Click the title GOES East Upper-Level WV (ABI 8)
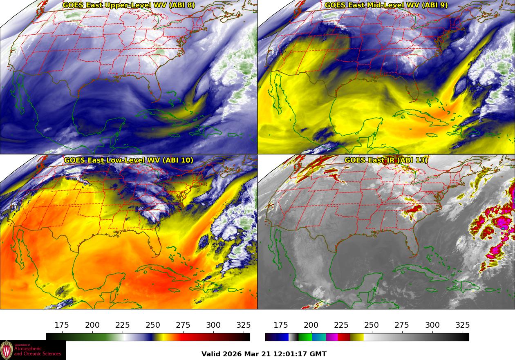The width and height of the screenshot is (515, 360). pyautogui.click(x=129, y=5)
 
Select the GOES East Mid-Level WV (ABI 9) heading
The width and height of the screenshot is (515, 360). pyautogui.click(x=386, y=5)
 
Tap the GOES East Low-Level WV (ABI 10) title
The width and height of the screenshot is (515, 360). pyautogui.click(x=129, y=160)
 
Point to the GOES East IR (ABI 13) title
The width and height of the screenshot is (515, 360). pyautogui.click(x=386, y=160)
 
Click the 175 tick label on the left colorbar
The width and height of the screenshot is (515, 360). pyautogui.click(x=62, y=325)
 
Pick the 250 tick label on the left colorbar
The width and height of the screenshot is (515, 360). pyautogui.click(x=153, y=325)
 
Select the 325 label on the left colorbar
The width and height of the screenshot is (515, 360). pyautogui.click(x=244, y=325)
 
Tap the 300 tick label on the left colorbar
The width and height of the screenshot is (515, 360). pyautogui.click(x=213, y=325)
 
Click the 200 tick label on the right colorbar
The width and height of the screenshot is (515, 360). pyautogui.click(x=311, y=325)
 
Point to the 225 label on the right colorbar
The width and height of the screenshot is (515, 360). pyautogui.click(x=341, y=325)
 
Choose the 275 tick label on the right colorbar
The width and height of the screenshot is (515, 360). pyautogui.click(x=402, y=325)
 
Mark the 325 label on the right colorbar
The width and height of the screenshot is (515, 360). pyautogui.click(x=462, y=325)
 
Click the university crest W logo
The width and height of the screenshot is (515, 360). pyautogui.click(x=7, y=350)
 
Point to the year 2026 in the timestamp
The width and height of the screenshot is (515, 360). pyautogui.click(x=233, y=354)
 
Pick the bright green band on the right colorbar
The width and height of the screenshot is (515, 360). pyautogui.click(x=305, y=337)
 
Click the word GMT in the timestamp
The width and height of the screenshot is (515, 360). pyautogui.click(x=319, y=354)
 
